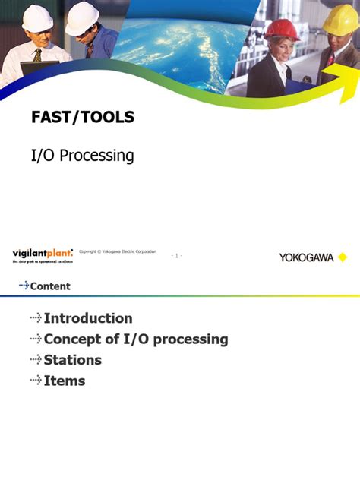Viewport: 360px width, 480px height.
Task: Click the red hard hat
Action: (282, 29)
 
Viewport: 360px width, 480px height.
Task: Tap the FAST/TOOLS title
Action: (82, 117)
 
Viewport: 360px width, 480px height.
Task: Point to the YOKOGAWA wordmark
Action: (306, 257)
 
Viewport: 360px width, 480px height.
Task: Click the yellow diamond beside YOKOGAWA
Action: (343, 257)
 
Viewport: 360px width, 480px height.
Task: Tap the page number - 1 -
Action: (176, 256)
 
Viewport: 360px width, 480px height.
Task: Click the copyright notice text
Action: (118, 251)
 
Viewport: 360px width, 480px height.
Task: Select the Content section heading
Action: (50, 286)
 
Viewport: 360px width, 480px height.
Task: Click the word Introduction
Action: (88, 318)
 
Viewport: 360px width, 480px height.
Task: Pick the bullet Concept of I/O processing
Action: (136, 339)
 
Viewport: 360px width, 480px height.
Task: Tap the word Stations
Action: (72, 360)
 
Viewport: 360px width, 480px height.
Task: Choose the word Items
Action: (65, 381)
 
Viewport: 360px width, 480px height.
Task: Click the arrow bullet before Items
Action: (36, 381)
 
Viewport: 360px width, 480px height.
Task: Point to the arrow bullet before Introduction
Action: (36, 318)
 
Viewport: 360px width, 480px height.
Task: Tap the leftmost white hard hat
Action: (37, 18)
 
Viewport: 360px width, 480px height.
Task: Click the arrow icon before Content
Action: (24, 286)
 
